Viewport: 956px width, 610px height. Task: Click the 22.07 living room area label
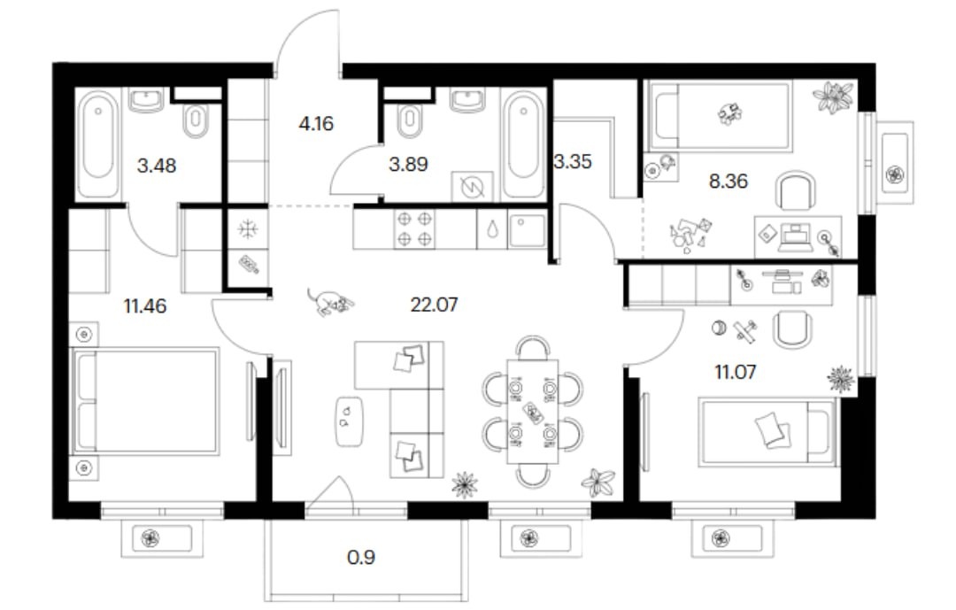point(434,304)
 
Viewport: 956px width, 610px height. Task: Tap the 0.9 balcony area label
point(361,557)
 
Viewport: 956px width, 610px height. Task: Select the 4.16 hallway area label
point(316,124)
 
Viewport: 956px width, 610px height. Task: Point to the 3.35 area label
point(573,162)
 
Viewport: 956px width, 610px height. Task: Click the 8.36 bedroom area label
point(728,181)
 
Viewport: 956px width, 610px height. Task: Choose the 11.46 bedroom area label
point(144,305)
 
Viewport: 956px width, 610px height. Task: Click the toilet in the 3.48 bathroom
point(196,120)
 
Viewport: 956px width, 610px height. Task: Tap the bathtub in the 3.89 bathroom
point(523,143)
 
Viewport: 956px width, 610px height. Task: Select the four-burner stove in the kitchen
point(414,228)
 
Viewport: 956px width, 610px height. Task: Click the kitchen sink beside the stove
point(527,230)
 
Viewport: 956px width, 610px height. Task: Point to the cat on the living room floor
point(330,301)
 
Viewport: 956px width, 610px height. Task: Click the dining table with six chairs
point(532,412)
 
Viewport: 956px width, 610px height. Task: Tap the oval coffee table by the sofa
point(350,421)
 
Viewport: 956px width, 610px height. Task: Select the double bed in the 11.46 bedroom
point(145,401)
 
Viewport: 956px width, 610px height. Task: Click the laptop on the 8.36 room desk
point(796,238)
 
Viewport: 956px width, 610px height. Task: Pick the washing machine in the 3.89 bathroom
point(472,187)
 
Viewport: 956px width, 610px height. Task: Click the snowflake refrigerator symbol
point(248,229)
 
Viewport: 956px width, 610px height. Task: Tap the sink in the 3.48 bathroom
point(146,100)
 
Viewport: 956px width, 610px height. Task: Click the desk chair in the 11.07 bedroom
point(792,329)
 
